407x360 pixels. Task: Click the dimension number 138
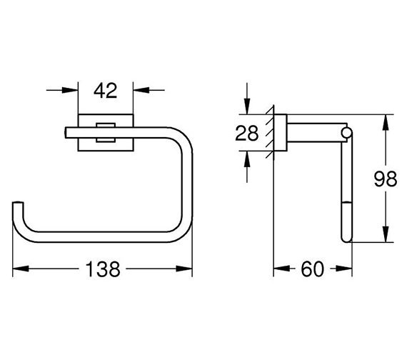tap(103, 269)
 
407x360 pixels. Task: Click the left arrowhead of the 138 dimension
tap(19, 269)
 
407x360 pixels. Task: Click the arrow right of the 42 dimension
tap(139, 91)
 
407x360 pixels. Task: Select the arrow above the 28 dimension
tap(247, 107)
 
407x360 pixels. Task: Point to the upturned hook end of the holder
tap(19, 208)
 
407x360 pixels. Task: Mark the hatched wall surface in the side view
tap(269, 133)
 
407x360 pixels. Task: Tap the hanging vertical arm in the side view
tap(346, 193)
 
